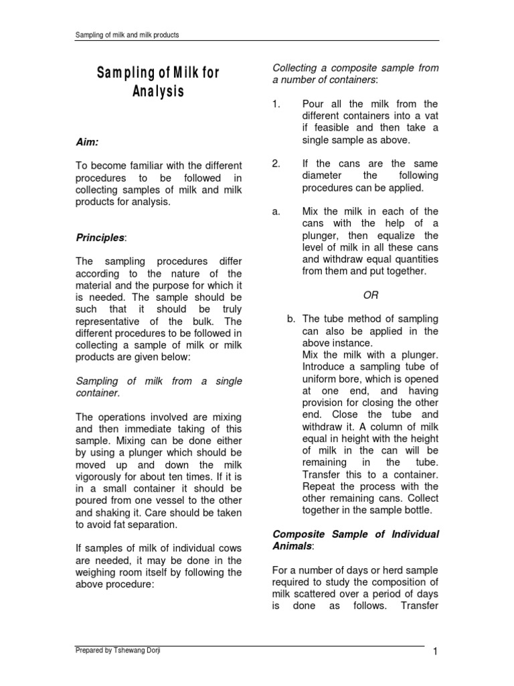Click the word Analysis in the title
(x=157, y=90)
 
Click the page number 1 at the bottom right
(x=434, y=652)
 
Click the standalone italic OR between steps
(x=370, y=295)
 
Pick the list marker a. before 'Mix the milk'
(x=276, y=212)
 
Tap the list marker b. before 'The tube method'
(x=291, y=319)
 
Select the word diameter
(x=324, y=176)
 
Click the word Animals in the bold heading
(x=292, y=546)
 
